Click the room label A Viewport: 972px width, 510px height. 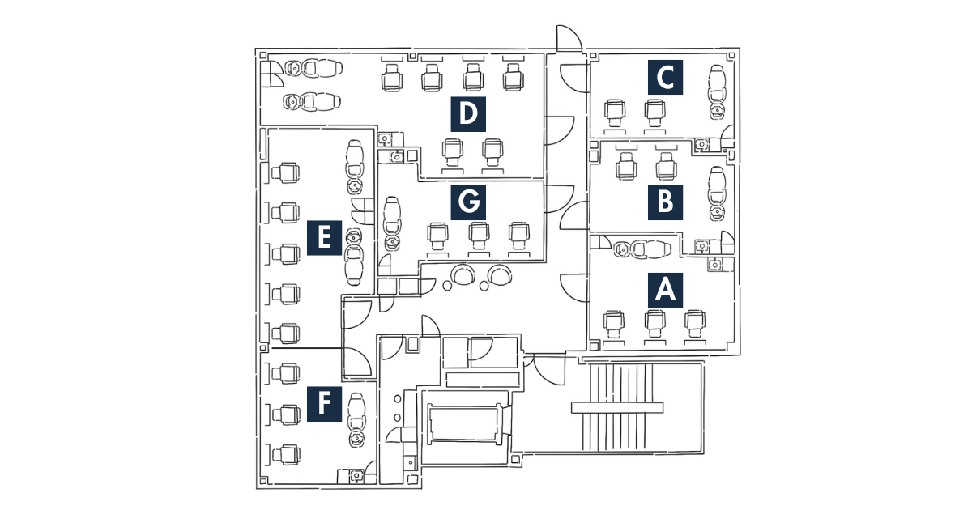[665, 289]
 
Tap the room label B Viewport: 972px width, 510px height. [665, 202]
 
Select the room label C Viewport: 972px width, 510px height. [665, 78]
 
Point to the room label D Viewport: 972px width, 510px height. [467, 114]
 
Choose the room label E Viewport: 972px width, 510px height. [323, 238]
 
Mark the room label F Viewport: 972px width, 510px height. [323, 403]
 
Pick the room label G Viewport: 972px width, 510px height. [467, 202]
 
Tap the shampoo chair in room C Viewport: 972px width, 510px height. [717, 84]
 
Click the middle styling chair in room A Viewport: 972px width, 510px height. [654, 323]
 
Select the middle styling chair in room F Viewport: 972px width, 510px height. [286, 414]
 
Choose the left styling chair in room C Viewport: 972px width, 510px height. [616, 111]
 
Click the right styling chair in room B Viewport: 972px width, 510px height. [665, 167]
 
